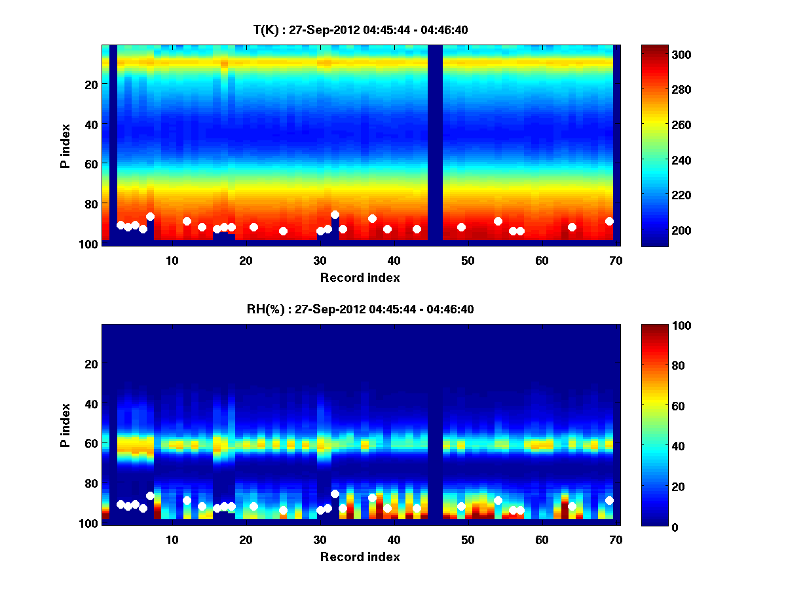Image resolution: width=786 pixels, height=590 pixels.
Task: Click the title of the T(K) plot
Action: point(360,29)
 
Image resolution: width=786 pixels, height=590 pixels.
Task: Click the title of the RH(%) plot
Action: point(360,309)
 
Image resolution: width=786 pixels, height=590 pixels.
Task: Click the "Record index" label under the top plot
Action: point(360,277)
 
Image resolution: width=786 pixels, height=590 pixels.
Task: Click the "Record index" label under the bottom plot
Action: point(360,557)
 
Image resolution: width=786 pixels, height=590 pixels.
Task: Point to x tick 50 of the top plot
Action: point(468,260)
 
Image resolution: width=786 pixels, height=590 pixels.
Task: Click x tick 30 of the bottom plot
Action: point(320,540)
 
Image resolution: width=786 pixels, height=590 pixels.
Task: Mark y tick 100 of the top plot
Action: point(90,244)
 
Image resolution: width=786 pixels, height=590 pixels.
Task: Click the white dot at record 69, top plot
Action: point(609,221)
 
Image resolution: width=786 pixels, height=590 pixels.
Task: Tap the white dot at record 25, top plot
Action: point(283,231)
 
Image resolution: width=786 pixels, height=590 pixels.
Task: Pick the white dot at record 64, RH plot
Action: point(572,506)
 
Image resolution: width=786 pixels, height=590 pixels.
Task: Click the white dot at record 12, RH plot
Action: point(187,500)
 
